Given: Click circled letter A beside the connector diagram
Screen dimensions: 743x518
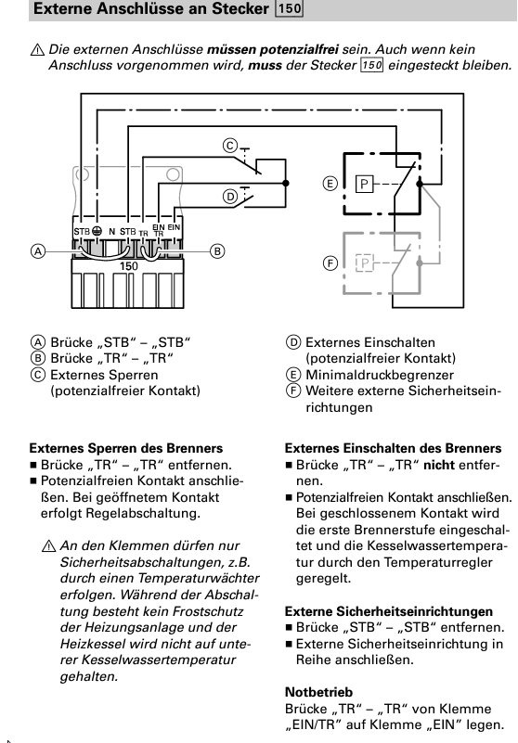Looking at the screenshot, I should (x=37, y=250).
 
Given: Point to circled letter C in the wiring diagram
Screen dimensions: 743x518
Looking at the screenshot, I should (x=229, y=145).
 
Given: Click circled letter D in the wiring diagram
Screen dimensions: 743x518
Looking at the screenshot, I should (x=229, y=196).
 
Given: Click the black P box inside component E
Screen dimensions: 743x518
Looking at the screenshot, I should (x=365, y=184).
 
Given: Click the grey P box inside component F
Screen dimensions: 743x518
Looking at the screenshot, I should (x=365, y=263).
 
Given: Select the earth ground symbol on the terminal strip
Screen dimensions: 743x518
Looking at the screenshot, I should (x=97, y=230).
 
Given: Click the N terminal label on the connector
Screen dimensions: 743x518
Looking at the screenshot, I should (x=112, y=230).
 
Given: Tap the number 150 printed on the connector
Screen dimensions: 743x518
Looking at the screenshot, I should (x=129, y=265).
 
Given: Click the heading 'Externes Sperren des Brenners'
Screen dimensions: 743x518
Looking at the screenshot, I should (x=126, y=448).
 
